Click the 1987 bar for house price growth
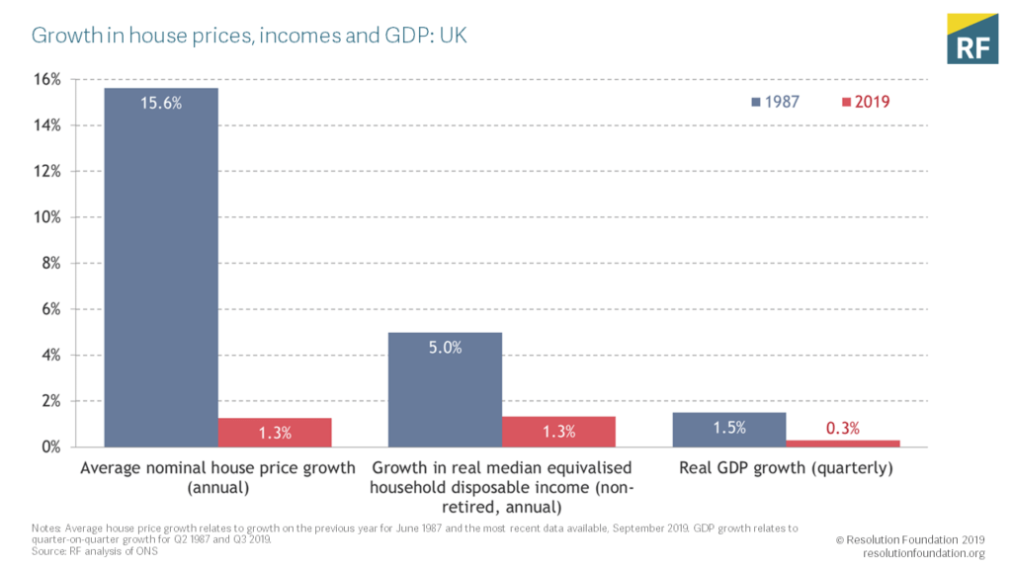tap(161, 267)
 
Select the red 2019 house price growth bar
tap(275, 433)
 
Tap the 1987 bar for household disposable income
tap(445, 389)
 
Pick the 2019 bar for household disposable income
tap(558, 432)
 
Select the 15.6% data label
tap(161, 102)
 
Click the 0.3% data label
tap(843, 428)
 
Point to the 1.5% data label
tap(729, 428)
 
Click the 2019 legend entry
tap(866, 102)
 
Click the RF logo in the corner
tap(972, 40)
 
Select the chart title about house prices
tap(249, 37)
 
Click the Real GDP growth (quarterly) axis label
tap(786, 467)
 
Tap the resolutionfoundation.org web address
tap(923, 553)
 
